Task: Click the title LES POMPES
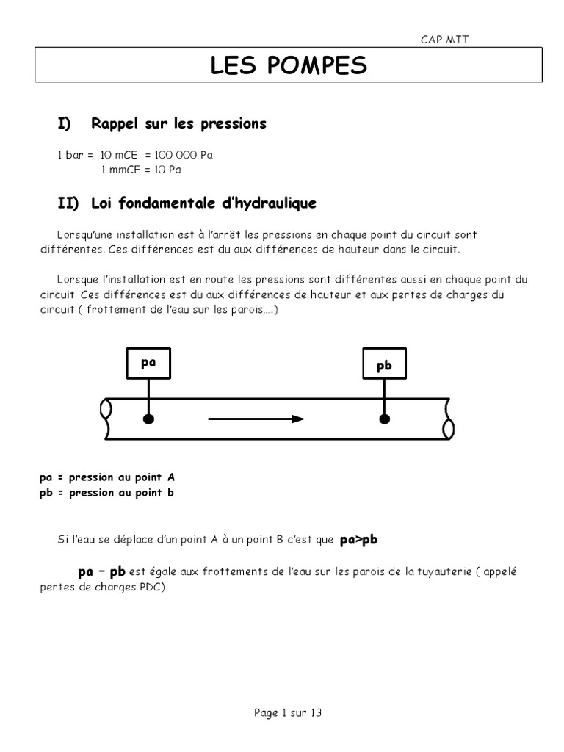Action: click(x=288, y=65)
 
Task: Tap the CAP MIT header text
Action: click(x=444, y=40)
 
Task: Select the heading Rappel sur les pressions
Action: click(x=178, y=124)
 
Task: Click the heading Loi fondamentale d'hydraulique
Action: click(x=204, y=203)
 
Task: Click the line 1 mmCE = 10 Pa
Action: click(x=140, y=170)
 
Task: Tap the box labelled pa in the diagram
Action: click(x=149, y=362)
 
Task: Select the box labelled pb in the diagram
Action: click(x=383, y=365)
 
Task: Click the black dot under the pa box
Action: click(x=149, y=419)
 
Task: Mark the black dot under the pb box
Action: click(x=383, y=419)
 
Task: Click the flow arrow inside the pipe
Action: click(x=256, y=419)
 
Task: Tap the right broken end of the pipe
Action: click(x=448, y=419)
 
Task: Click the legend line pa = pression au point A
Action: click(x=107, y=477)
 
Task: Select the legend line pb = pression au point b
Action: click(x=107, y=493)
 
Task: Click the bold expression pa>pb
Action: click(x=358, y=540)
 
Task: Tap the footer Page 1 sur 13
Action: click(x=288, y=712)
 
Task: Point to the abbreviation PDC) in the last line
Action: click(x=153, y=587)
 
